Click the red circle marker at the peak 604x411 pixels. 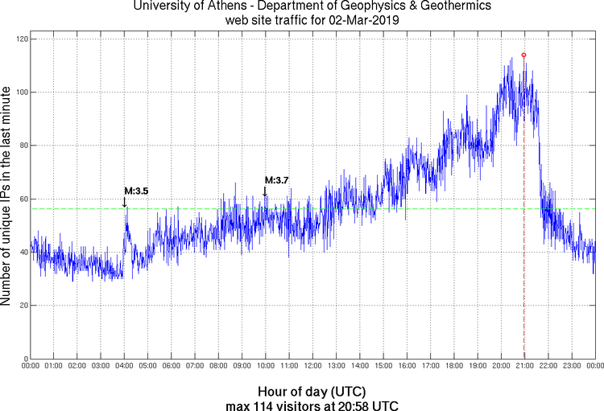click(x=523, y=55)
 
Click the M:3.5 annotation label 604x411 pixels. click(x=135, y=191)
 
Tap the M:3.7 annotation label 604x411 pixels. click(x=277, y=180)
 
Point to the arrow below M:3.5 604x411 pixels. click(x=124, y=202)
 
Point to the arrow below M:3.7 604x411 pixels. click(x=265, y=191)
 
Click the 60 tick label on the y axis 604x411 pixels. click(x=22, y=199)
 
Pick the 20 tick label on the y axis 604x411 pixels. click(x=22, y=306)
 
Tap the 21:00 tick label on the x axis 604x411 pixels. click(x=524, y=367)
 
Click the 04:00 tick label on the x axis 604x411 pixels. click(x=125, y=367)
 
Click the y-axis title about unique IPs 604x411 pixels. click(x=7, y=198)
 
